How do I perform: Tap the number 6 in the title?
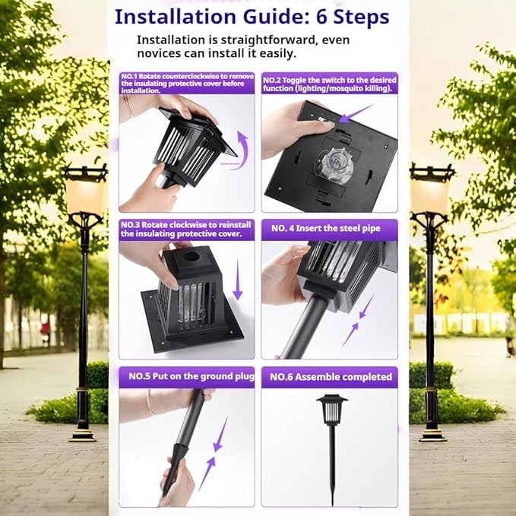pyautogui.click(x=321, y=17)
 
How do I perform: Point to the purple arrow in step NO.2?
pyautogui.click(x=356, y=113)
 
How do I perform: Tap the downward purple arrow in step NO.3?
pyautogui.click(x=238, y=279)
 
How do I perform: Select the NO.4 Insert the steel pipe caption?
pyautogui.click(x=326, y=229)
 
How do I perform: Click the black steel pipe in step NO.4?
pyautogui.click(x=308, y=326)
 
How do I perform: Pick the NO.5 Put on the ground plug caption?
pyautogui.click(x=192, y=376)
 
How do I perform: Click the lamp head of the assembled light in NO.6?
pyautogui.click(x=332, y=410)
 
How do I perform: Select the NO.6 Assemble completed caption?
pyautogui.click(x=331, y=377)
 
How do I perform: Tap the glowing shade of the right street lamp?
pyautogui.click(x=430, y=193)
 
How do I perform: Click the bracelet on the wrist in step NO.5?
pyautogui.click(x=150, y=402)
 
